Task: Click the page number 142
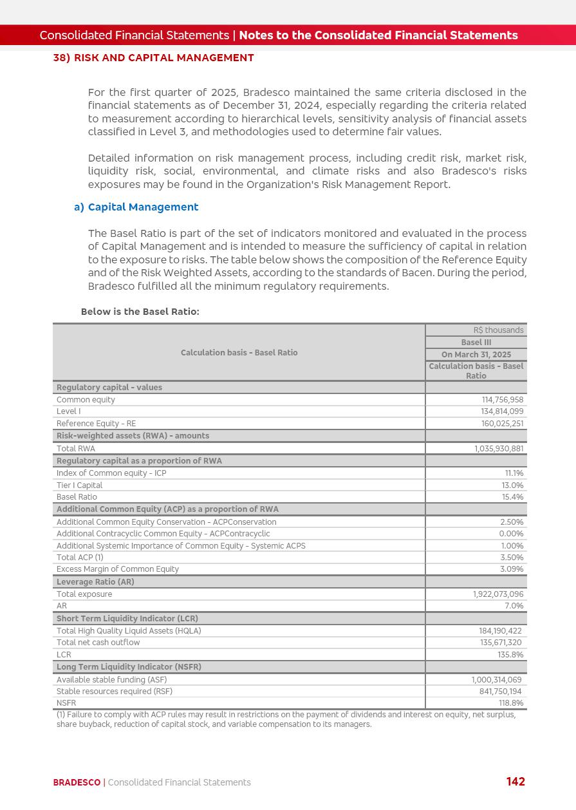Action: (x=516, y=781)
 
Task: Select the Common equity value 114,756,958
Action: (x=502, y=400)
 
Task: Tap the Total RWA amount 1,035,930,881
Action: (x=499, y=449)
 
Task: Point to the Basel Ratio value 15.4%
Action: (x=512, y=497)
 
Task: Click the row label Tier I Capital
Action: (x=79, y=485)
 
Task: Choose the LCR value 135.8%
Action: (x=510, y=655)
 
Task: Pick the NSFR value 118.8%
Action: (x=511, y=703)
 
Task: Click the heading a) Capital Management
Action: (x=136, y=207)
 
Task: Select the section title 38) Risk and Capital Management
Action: (x=153, y=58)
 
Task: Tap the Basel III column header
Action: (x=476, y=343)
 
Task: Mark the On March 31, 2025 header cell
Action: (x=476, y=355)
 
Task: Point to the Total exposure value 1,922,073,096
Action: (x=498, y=594)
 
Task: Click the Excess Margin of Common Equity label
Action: (x=118, y=569)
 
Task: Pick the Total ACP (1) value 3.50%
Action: (x=512, y=558)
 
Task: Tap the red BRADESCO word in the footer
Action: (x=77, y=782)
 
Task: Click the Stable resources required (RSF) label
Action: (x=114, y=692)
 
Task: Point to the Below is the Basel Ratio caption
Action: (x=140, y=312)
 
